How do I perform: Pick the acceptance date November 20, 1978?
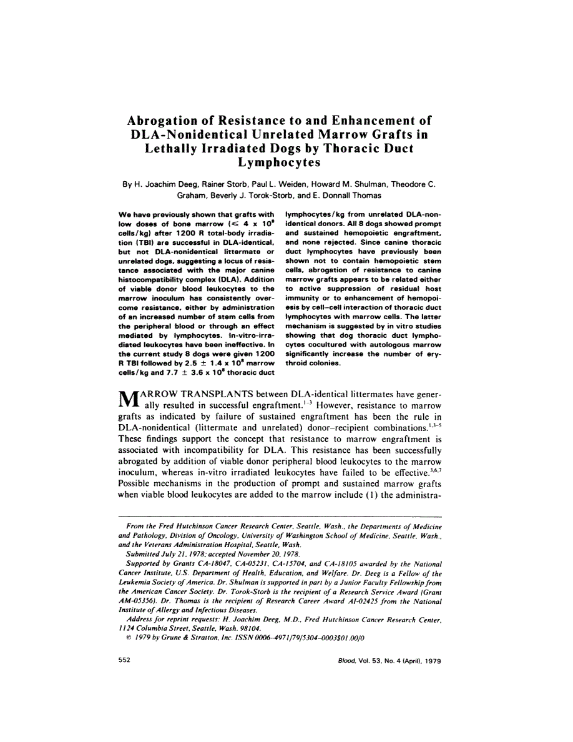click(x=274, y=553)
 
